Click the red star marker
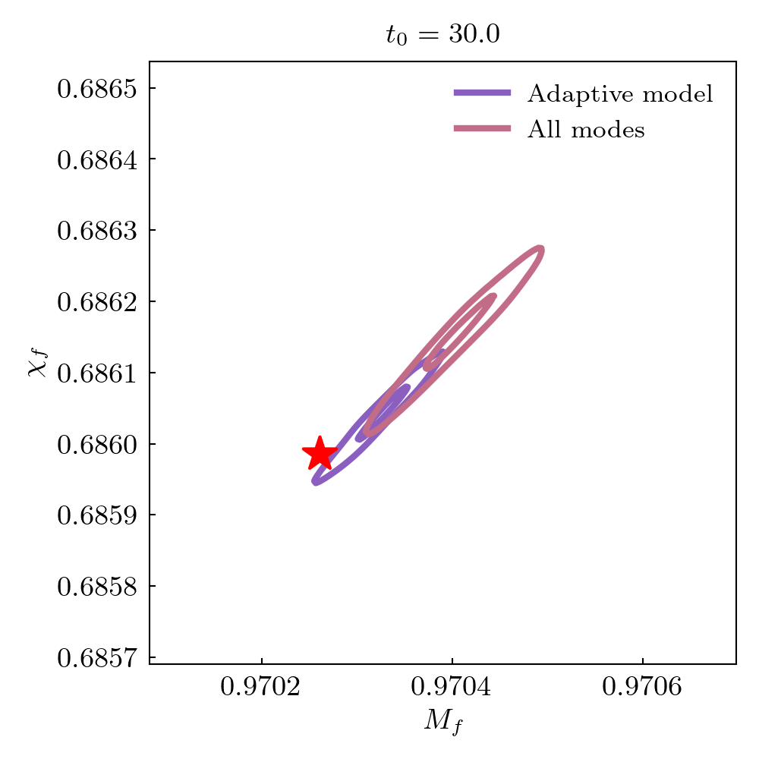click(320, 454)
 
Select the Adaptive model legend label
click(620, 94)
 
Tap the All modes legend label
click(586, 130)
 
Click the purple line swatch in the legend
click(482, 93)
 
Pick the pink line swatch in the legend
click(482, 129)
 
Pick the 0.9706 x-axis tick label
click(643, 688)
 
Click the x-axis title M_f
click(443, 721)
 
